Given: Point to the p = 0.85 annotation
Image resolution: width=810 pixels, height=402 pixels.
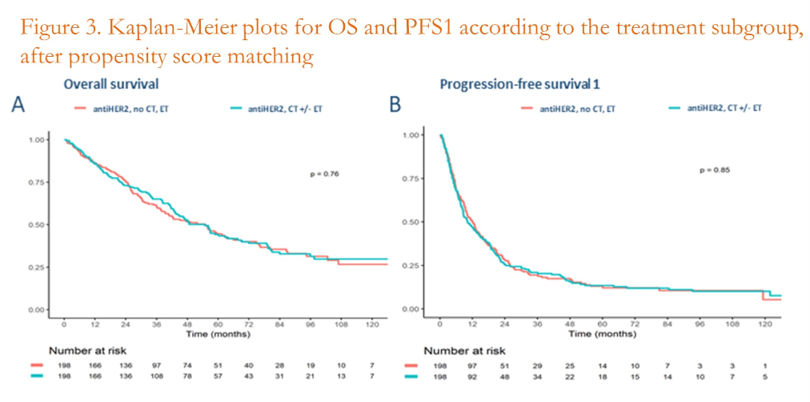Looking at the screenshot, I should point(705,170).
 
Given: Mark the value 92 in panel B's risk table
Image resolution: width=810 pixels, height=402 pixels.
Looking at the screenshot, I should point(472,376).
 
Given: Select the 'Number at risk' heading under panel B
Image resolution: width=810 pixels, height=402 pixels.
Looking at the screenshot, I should point(464,350).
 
